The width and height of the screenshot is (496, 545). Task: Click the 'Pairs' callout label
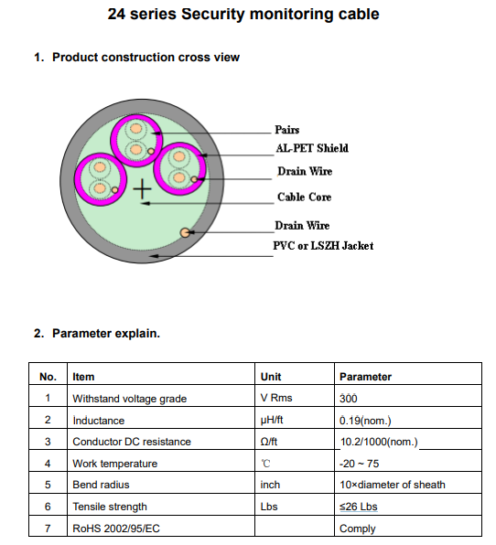click(287, 130)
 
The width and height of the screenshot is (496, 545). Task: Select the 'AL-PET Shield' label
click(312, 148)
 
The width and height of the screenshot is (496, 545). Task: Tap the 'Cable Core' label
click(305, 197)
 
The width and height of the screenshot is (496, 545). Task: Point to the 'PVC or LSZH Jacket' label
click(323, 246)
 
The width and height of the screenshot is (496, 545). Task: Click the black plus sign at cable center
click(142, 189)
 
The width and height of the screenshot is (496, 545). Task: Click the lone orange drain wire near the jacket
click(185, 232)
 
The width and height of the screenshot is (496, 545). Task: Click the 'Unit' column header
click(271, 377)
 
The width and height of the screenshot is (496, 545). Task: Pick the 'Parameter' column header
click(365, 377)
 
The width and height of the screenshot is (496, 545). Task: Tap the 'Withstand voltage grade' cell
click(129, 399)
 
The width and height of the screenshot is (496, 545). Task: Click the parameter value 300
click(348, 399)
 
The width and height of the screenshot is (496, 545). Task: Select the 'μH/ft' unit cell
click(272, 421)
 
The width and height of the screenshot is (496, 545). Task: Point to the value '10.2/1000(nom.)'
click(379, 442)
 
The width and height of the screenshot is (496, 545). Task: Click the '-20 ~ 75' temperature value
click(360, 464)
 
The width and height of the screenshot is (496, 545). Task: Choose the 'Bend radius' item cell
click(101, 485)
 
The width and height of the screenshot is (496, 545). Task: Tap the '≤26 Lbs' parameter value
click(358, 507)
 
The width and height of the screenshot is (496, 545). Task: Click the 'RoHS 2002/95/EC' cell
click(116, 529)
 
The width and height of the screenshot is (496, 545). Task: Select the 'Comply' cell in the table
click(357, 529)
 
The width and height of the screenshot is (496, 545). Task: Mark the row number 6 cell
click(48, 507)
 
